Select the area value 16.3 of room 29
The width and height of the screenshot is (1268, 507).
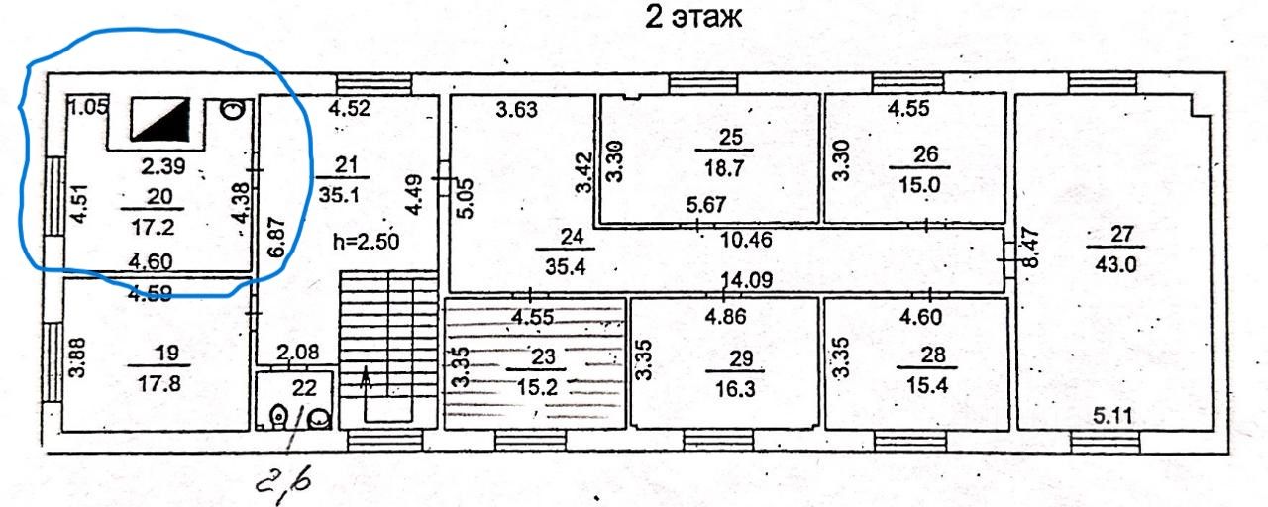(734, 389)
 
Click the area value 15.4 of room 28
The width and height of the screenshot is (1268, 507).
(924, 382)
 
